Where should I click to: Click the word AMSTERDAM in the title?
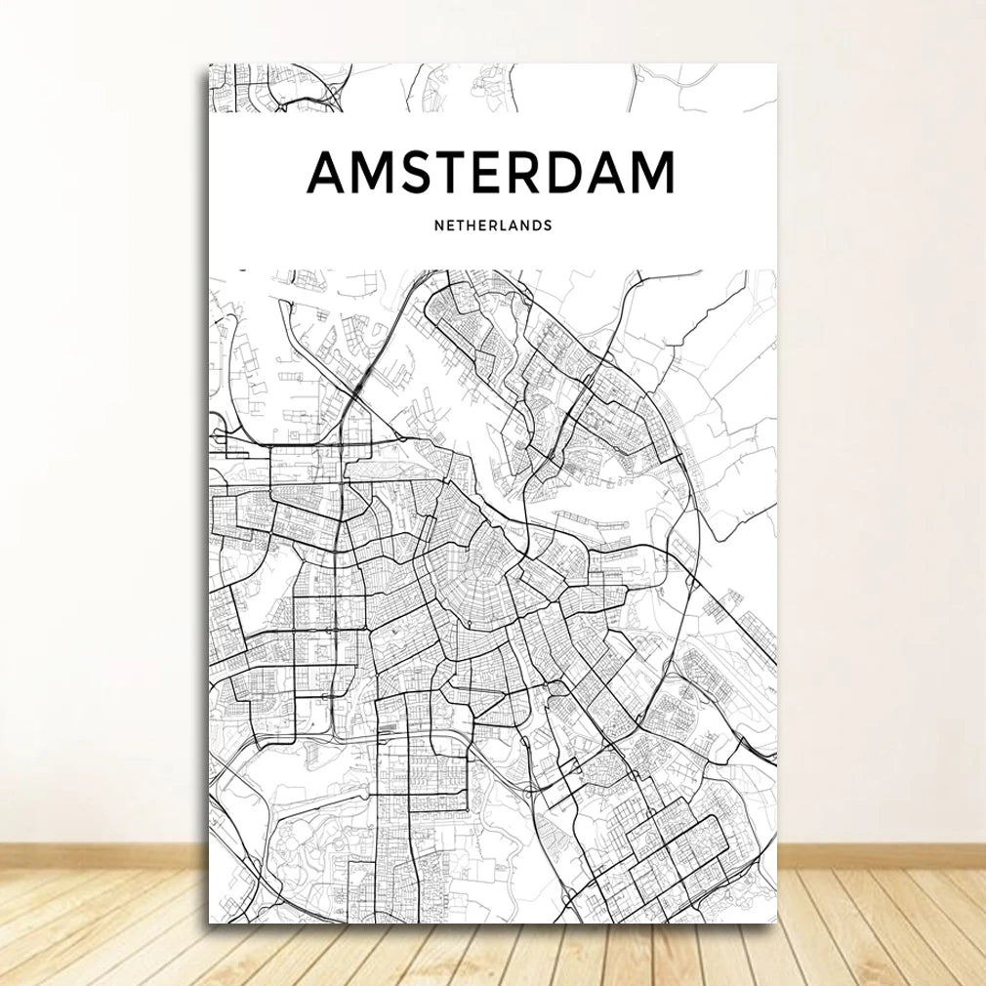pyautogui.click(x=491, y=173)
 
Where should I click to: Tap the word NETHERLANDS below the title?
pyautogui.click(x=493, y=226)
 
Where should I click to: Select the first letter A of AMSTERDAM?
pyautogui.click(x=329, y=173)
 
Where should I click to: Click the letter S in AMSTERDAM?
pyautogui.click(x=415, y=173)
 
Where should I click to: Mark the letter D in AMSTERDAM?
pyautogui.click(x=567, y=173)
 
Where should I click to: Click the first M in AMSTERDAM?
pyautogui.click(x=373, y=173)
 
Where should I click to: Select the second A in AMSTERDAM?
pyautogui.click(x=607, y=173)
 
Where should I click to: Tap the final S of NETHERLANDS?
pyautogui.click(x=549, y=226)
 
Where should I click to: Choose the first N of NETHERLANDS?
pyautogui.click(x=438, y=226)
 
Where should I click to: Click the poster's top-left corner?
pyautogui.click(x=209, y=66)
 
